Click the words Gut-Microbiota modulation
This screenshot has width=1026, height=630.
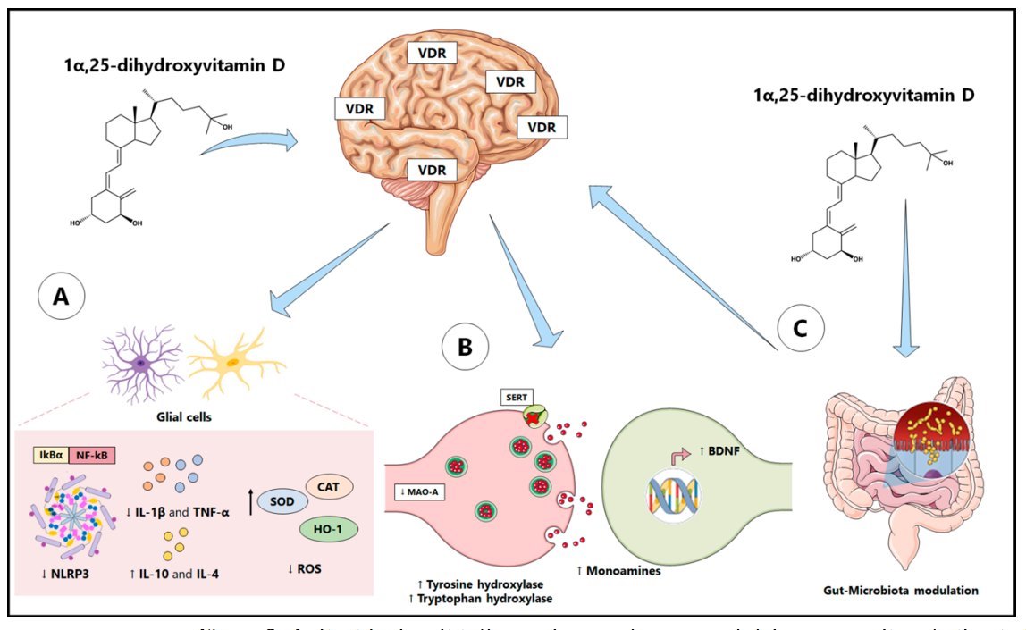[x=902, y=591]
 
